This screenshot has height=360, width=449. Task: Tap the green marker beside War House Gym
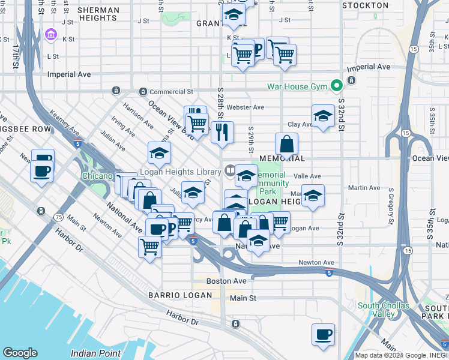tap(337, 86)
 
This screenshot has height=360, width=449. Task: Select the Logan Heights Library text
tap(180, 171)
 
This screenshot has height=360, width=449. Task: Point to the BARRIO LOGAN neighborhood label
tap(180, 295)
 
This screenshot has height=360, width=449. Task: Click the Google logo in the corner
tap(20, 353)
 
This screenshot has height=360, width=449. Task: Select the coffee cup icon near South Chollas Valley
tap(324, 334)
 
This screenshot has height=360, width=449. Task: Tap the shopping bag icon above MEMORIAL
tap(287, 144)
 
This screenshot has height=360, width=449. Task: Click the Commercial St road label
tap(171, 92)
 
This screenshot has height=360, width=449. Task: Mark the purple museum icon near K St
tap(50, 35)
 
